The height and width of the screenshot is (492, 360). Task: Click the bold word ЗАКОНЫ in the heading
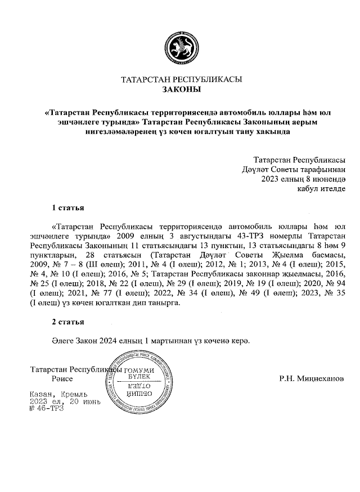click(x=180, y=89)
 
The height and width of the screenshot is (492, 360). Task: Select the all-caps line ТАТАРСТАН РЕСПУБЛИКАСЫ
click(x=180, y=79)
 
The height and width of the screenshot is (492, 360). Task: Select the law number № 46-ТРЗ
click(x=47, y=409)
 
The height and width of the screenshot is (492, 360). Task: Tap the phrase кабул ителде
click(x=321, y=188)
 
